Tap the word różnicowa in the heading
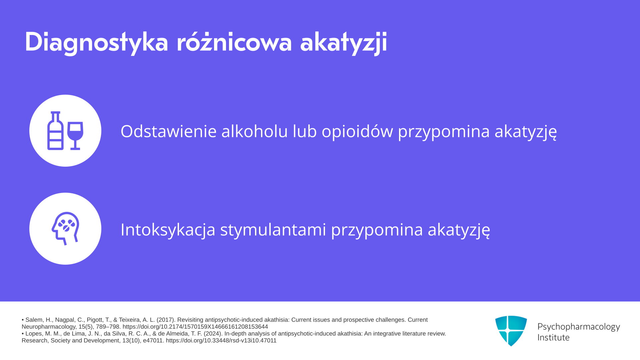(234, 42)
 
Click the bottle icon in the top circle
(55, 131)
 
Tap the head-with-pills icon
(66, 228)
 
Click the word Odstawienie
(169, 131)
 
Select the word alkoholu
(255, 131)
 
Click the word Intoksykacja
(168, 230)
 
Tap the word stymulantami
(273, 230)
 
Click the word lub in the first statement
(305, 131)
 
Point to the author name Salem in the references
(33, 320)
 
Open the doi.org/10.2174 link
(195, 327)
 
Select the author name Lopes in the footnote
(33, 334)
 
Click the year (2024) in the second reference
(213, 334)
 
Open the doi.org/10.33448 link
(221, 341)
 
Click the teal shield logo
(511, 331)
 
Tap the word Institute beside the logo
(553, 337)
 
